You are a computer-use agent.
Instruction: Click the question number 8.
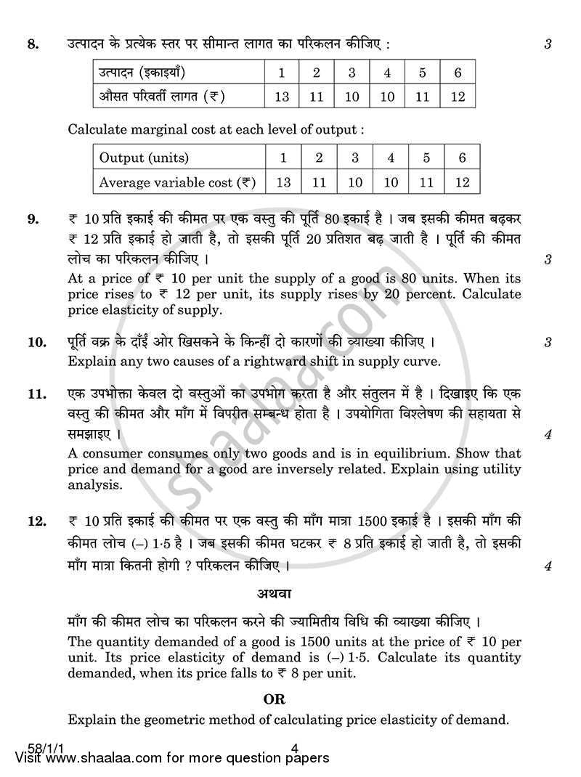(31, 45)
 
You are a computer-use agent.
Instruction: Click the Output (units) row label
(144, 158)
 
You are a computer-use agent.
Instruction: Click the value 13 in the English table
(283, 182)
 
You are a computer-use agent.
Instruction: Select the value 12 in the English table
(462, 182)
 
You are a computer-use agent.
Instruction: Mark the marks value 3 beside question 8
(548, 45)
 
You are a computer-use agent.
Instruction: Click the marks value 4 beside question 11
(548, 436)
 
